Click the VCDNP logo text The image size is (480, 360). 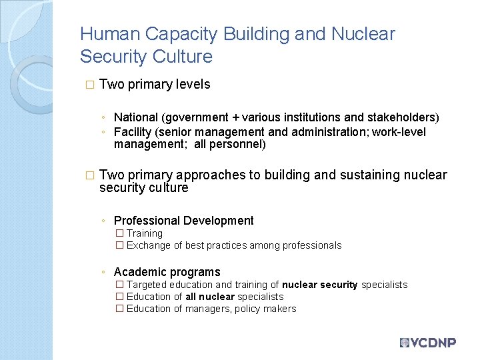pos(433,343)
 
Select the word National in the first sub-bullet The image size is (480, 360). pos(136,117)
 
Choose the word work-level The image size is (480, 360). pos(399,132)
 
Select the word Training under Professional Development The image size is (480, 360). pos(144,233)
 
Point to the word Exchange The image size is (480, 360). pos(148,245)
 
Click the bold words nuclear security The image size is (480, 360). pos(319,285)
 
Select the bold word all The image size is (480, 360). pos(191,297)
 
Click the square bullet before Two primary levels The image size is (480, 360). pos(90,85)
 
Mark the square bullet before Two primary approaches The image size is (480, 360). pos(90,175)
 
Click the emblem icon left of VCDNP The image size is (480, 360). pos(404,343)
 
